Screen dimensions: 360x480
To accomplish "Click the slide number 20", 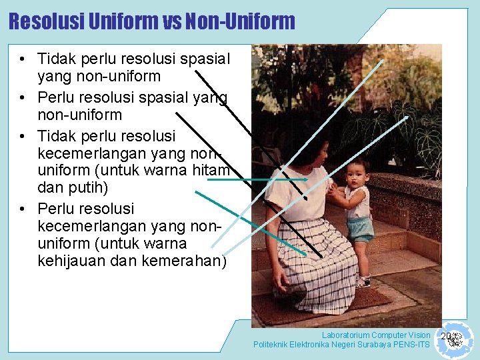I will coord(445,335).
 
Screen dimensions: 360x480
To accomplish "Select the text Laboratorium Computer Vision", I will coord(376,335).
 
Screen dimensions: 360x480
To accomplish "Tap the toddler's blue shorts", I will coord(360,229).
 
